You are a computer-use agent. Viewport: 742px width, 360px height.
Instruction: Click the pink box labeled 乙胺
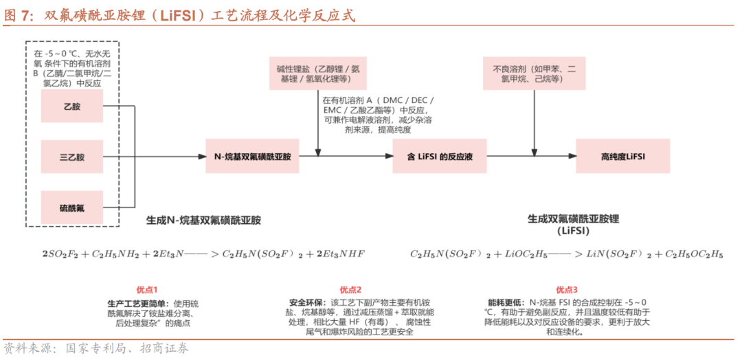72,106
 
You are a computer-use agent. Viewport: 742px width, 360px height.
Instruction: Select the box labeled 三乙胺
72,157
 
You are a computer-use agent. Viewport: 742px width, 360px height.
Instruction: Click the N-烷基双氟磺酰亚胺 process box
252,157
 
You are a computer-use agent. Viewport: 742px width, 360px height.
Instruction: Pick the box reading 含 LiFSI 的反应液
440,157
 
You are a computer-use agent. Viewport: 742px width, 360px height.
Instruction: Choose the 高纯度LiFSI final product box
622,157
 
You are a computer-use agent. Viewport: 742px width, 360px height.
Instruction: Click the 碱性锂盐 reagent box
318,74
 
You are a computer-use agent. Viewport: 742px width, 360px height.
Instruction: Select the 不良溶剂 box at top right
534,74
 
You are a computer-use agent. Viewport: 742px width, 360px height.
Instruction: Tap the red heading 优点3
566,289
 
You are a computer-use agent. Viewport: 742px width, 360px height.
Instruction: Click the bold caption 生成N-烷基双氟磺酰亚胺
203,221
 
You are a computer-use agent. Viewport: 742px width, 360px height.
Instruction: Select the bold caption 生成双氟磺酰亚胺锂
573,219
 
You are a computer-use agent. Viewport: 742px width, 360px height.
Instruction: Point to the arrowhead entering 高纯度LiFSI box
572,157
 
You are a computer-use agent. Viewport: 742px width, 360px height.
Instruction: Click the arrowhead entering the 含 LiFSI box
388,157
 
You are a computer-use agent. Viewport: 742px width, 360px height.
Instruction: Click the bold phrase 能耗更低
502,302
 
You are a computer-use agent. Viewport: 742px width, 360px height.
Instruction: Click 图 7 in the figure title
19,15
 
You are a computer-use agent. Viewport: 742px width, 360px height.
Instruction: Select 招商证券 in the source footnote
165,348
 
